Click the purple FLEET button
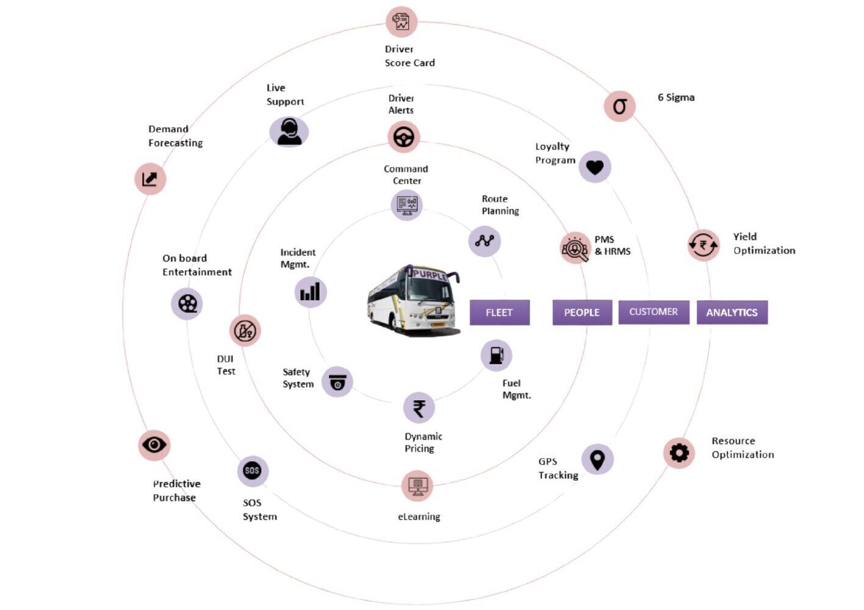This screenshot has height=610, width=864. (x=499, y=312)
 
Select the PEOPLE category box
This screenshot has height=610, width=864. (x=581, y=312)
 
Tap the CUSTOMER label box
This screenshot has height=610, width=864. (x=653, y=312)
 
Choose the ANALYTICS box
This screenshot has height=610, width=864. (x=732, y=312)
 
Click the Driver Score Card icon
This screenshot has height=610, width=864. (x=401, y=22)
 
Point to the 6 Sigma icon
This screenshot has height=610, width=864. (x=619, y=106)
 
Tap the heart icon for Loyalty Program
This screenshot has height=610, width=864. (x=594, y=167)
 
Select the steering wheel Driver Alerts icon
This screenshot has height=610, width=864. (x=403, y=137)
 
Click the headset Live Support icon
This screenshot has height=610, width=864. (x=289, y=132)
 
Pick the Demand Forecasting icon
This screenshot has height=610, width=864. (x=150, y=179)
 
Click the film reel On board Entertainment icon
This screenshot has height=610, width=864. (x=187, y=303)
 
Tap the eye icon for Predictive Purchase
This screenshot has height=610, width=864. (x=154, y=445)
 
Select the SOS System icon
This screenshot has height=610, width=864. (x=252, y=470)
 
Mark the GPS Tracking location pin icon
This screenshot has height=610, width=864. (x=597, y=459)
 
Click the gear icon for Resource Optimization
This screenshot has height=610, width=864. (x=679, y=453)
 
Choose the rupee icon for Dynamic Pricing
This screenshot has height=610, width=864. (x=419, y=408)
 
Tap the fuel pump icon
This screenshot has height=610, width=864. (x=496, y=355)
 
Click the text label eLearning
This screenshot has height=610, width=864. (x=419, y=517)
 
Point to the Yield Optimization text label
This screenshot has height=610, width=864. (x=764, y=243)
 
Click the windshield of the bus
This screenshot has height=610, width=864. (x=431, y=290)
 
